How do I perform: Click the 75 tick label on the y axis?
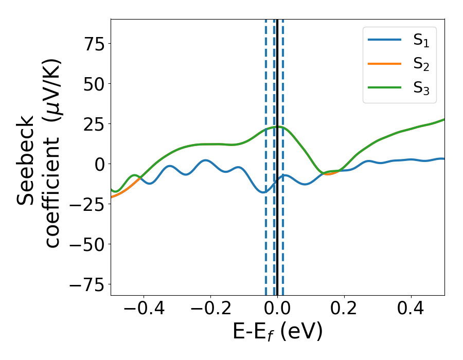[91, 44]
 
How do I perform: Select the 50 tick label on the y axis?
[91, 84]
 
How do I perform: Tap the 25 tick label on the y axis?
[91, 124]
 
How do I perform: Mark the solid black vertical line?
[277, 231]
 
